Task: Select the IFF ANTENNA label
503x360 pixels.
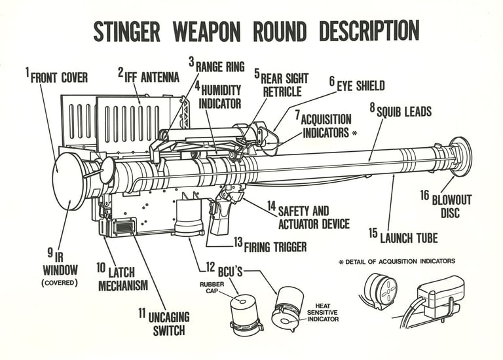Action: point(152,77)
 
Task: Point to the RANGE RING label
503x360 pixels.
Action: point(220,66)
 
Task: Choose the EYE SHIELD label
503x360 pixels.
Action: point(360,86)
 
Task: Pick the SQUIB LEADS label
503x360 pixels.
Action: point(404,112)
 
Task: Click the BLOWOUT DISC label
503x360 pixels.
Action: point(451,206)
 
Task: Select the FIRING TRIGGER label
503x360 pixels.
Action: point(275,247)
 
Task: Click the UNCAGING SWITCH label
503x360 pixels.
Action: point(167,323)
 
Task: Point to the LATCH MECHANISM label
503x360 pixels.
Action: point(123,278)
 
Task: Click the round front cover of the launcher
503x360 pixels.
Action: point(69,181)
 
